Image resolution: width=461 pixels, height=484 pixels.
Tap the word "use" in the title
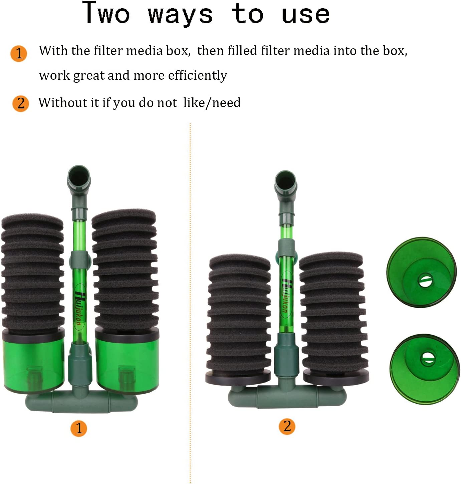305,15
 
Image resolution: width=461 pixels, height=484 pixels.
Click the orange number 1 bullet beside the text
19,53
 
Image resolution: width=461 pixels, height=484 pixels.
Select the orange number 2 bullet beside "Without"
21,103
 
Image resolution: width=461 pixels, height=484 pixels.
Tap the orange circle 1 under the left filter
78,428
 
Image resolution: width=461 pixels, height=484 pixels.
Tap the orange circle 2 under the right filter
287,426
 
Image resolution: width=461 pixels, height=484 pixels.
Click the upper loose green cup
421,272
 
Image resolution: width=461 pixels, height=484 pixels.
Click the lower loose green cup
424,369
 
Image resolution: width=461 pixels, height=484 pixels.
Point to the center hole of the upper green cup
425,280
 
